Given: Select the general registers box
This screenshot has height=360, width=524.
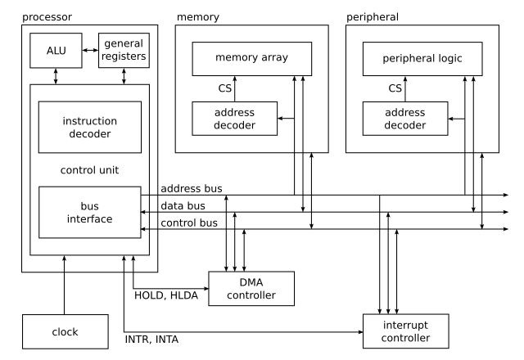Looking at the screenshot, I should click(x=124, y=50).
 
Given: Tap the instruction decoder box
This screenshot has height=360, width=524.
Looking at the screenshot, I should click(x=90, y=127).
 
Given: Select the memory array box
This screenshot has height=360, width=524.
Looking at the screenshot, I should click(x=252, y=58).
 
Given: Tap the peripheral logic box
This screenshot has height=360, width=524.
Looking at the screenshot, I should click(x=422, y=58).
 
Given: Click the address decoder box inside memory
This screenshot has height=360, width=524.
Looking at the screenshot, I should click(x=233, y=118).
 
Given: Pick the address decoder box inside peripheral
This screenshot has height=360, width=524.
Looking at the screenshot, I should click(x=404, y=118).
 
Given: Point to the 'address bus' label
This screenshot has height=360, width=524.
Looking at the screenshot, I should click(x=192, y=189).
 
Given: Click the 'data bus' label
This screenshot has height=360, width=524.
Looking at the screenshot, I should click(x=183, y=205).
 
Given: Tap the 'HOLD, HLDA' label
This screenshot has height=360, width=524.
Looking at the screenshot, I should click(x=160, y=295).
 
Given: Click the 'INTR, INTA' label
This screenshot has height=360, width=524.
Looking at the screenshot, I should click(x=151, y=339).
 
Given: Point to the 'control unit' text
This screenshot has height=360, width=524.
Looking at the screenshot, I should click(x=90, y=170).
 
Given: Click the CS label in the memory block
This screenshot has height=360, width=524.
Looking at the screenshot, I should click(x=224, y=88).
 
